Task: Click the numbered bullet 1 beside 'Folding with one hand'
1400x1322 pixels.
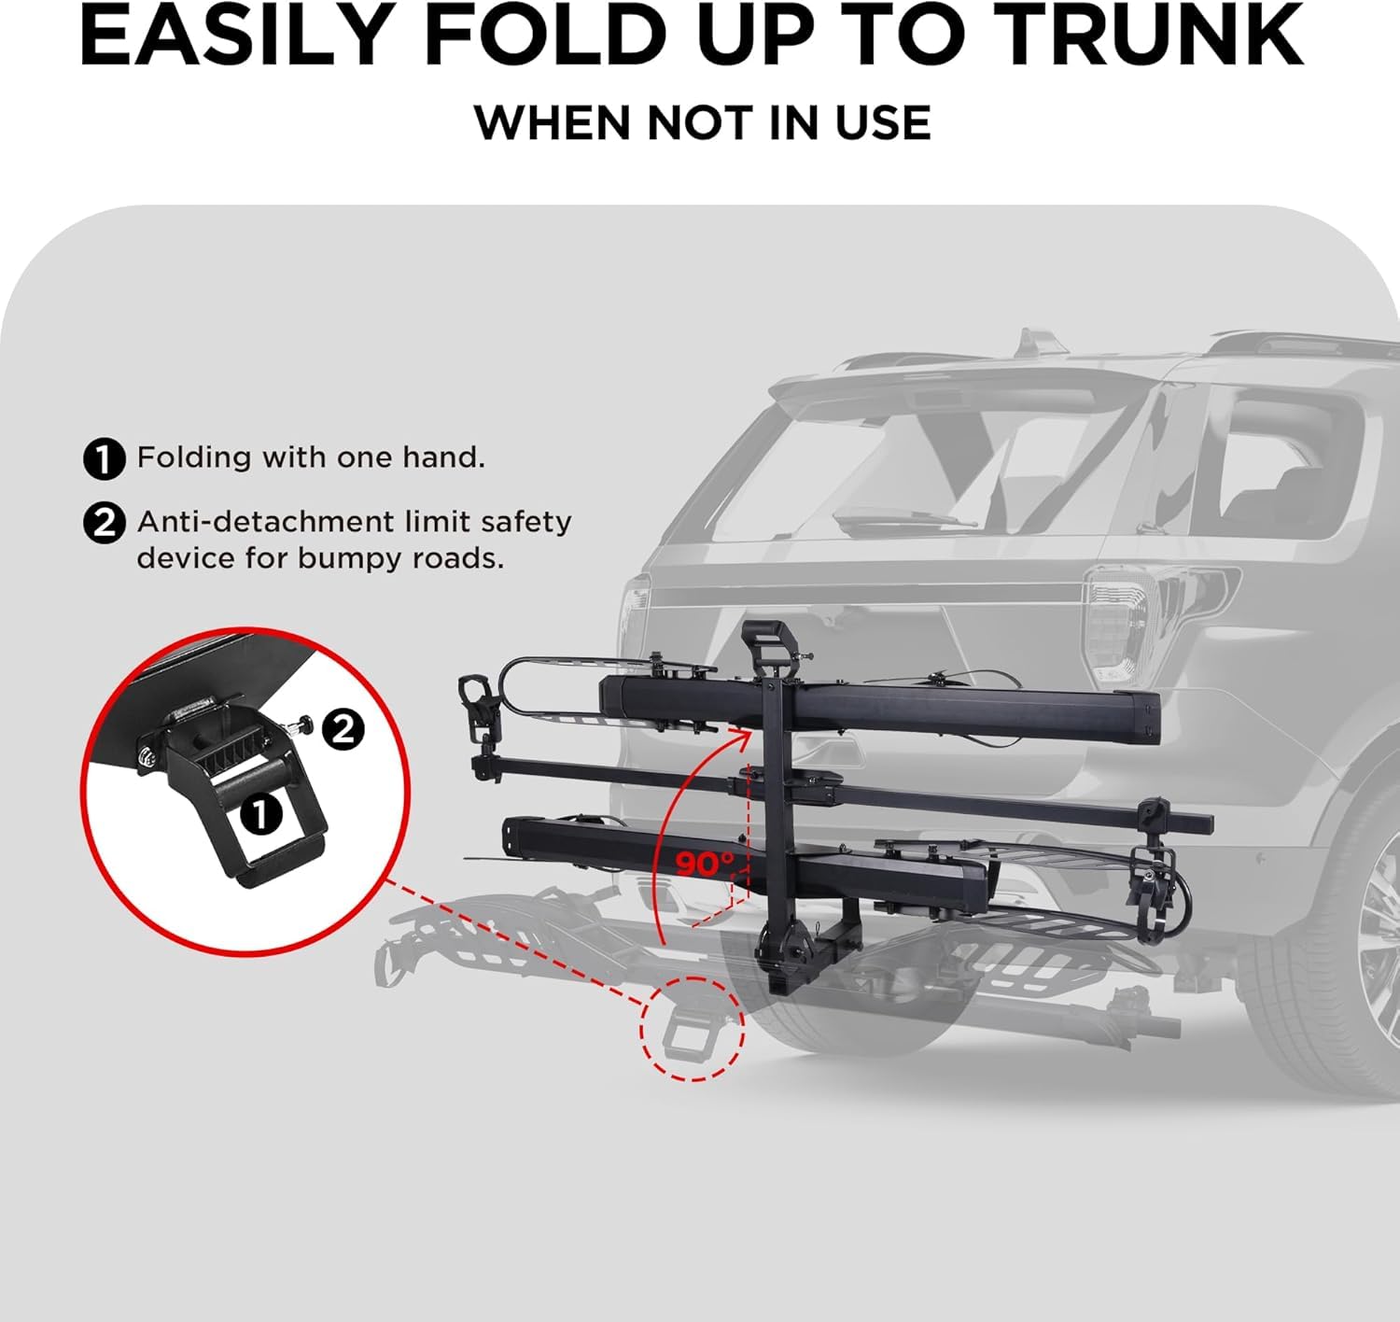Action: click(104, 459)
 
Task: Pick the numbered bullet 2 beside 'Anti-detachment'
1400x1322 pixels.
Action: click(104, 523)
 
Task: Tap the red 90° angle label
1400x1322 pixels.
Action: click(705, 864)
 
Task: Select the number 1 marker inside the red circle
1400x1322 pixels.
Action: click(261, 814)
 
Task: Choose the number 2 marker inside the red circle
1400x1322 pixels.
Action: click(344, 728)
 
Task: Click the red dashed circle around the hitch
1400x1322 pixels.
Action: click(692, 1029)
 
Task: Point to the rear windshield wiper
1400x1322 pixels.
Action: click(896, 518)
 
